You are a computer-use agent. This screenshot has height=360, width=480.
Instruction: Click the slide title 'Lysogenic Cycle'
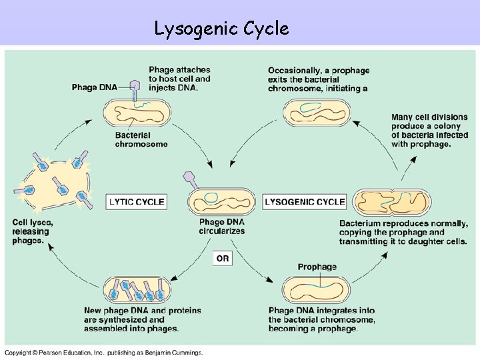click(x=221, y=29)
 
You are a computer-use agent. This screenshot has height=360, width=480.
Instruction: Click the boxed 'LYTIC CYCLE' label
click(x=137, y=201)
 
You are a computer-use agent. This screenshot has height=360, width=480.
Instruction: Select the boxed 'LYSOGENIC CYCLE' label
click(x=305, y=201)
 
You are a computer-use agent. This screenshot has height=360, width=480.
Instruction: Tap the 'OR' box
click(x=222, y=258)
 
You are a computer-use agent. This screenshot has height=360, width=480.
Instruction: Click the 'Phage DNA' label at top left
click(x=93, y=87)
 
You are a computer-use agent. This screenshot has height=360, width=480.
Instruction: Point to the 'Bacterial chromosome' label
click(x=141, y=140)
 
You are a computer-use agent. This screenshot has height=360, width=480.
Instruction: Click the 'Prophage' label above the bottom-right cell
click(x=317, y=267)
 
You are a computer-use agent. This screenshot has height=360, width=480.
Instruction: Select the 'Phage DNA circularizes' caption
click(x=221, y=227)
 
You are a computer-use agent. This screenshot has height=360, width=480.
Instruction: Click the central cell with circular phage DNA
click(x=221, y=200)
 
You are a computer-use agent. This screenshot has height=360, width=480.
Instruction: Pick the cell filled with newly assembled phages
click(x=138, y=291)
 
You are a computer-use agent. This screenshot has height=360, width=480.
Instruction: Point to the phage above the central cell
click(x=190, y=178)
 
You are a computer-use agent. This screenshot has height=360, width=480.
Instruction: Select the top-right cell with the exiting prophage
click(x=317, y=111)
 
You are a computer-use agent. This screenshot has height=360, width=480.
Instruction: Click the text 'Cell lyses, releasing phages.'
click(x=33, y=231)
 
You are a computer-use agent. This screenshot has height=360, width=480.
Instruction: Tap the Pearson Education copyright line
click(x=104, y=352)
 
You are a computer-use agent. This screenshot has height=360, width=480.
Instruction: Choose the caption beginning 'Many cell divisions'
click(x=429, y=131)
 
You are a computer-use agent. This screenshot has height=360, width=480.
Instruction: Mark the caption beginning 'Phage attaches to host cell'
click(x=179, y=79)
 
